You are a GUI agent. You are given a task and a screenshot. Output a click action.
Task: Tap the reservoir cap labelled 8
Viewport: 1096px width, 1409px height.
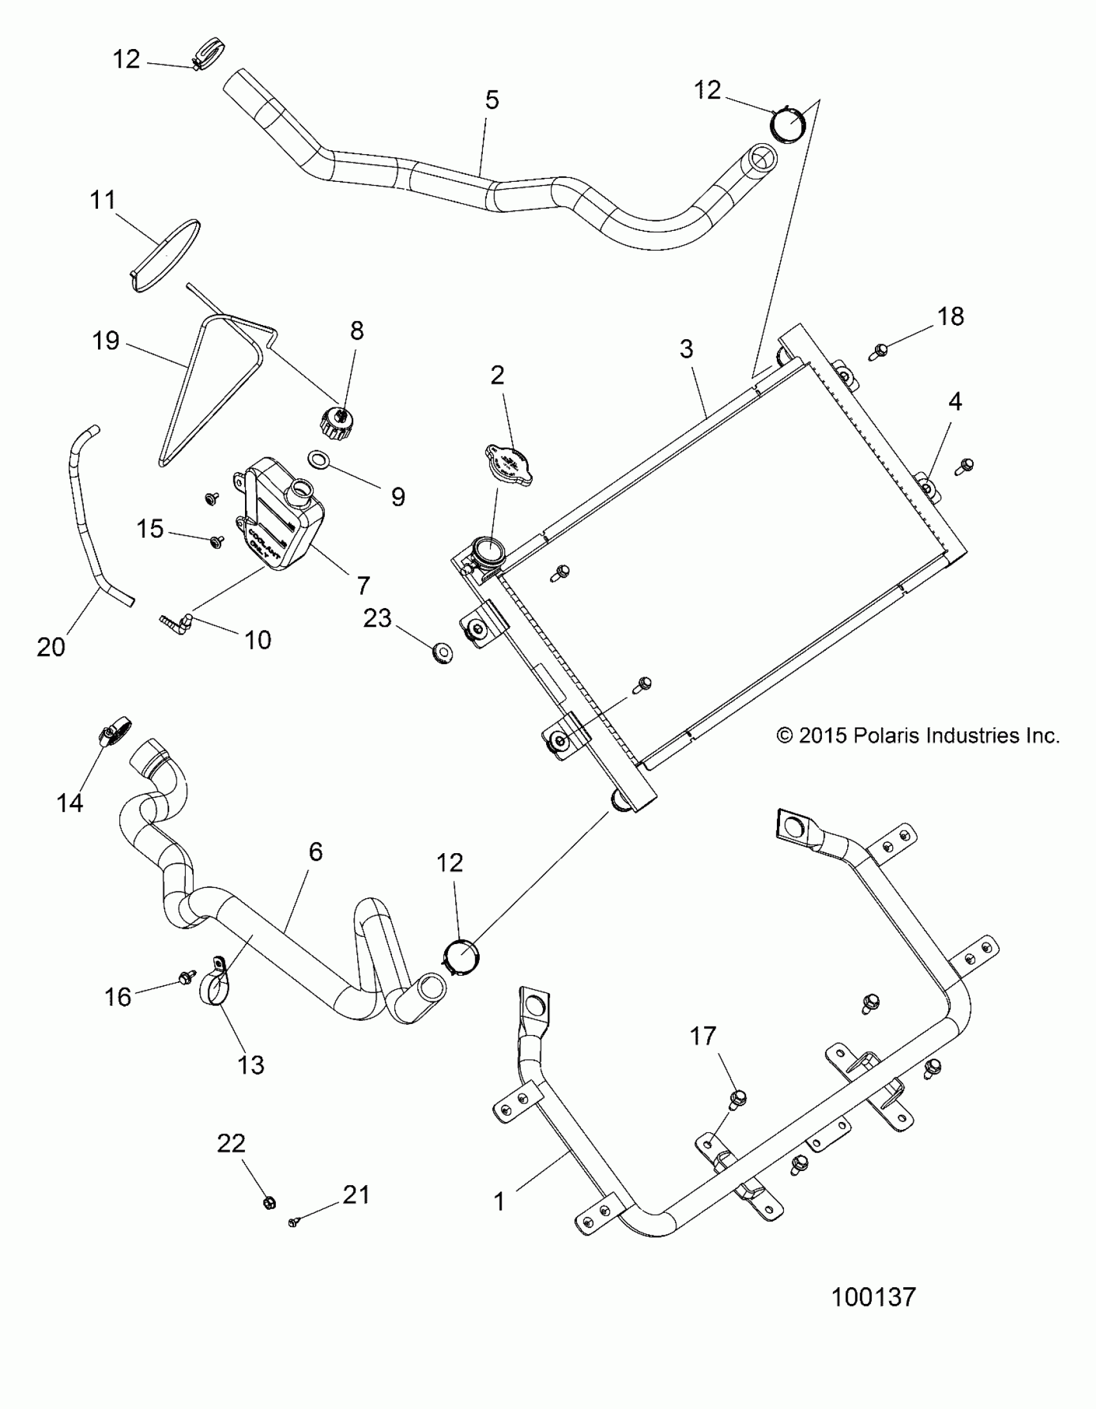(337, 424)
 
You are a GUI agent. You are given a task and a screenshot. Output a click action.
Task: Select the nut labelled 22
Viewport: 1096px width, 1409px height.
(269, 1203)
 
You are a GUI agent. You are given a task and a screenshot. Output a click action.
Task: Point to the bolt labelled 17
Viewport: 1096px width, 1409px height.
(738, 1098)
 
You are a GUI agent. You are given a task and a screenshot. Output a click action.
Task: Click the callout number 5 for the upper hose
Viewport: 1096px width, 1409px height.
(492, 100)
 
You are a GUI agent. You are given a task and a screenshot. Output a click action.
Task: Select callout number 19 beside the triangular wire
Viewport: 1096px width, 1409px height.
(106, 340)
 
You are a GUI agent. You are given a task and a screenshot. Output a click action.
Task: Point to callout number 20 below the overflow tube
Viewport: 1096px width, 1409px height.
(51, 646)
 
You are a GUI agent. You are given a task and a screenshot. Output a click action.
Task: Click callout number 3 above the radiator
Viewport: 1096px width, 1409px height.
(687, 349)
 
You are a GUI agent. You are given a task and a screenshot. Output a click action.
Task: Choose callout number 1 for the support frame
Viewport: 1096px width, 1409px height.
(498, 1201)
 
